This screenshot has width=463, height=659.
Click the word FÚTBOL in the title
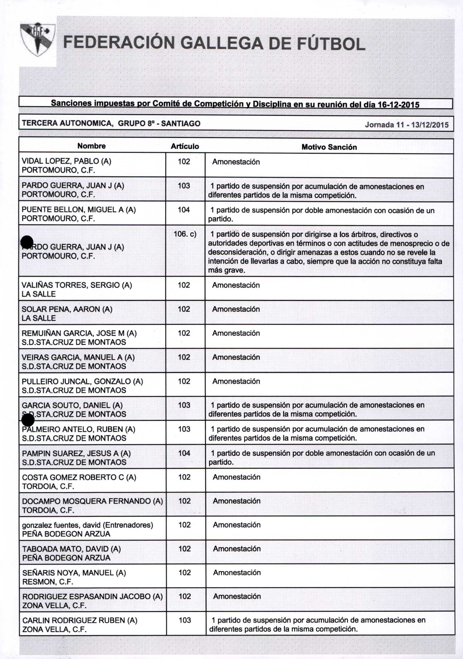coord(330,44)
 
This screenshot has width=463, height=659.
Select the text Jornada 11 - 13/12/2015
coord(406,125)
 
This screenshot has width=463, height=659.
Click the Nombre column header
coord(91,146)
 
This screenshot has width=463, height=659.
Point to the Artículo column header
coord(185,146)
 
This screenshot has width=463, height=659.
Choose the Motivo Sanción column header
coord(329,147)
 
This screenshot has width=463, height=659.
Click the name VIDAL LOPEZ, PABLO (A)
coord(66,161)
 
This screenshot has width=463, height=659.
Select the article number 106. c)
coord(185,234)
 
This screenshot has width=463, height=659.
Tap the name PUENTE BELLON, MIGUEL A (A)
coord(79,210)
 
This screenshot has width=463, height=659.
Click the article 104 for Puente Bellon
coord(184,210)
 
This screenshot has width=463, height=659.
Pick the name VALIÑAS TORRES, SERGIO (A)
coord(77,285)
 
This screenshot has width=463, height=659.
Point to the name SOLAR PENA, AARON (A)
coord(67,309)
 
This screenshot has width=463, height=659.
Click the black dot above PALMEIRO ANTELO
coord(28,420)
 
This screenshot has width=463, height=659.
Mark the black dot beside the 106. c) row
coord(27,241)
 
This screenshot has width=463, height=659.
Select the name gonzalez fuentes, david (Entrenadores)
coord(88,525)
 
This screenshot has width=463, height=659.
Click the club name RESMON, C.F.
coord(48,582)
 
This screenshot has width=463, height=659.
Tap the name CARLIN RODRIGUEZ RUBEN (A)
coord(80,620)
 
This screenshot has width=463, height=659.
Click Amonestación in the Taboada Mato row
coord(237,549)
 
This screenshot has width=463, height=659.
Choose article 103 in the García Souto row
coord(184,405)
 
